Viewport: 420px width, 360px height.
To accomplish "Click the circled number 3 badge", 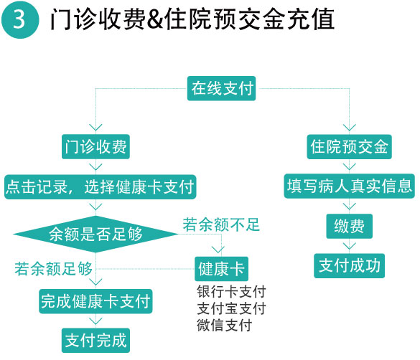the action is [x=20, y=20].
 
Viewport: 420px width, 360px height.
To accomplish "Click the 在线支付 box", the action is [x=221, y=88].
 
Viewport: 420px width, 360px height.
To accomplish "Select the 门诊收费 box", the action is [x=95, y=147].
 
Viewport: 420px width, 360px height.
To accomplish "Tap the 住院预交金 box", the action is [x=350, y=147].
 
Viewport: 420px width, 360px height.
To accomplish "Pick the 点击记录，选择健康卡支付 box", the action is [x=101, y=186].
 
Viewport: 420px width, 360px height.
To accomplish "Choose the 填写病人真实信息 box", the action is [x=350, y=186].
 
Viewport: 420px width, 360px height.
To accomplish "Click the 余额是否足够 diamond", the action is [x=95, y=235].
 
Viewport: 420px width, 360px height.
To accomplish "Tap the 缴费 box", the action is [x=350, y=227].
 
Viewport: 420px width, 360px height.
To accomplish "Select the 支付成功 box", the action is [x=350, y=266].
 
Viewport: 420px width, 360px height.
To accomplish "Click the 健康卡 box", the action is [x=221, y=269].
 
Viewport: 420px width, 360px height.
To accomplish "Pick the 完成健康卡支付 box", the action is [x=95, y=301].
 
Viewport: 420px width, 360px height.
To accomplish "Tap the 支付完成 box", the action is [x=95, y=341].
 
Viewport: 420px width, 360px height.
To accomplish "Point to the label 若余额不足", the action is [x=221, y=224].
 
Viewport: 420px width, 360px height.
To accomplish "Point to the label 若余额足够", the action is [x=53, y=269].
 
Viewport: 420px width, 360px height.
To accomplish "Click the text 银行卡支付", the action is [x=231, y=292].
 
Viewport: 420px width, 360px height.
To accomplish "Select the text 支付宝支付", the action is [x=231, y=308].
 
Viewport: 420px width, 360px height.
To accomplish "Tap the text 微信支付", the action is [x=225, y=326].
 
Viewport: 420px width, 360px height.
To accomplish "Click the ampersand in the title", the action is [x=155, y=19].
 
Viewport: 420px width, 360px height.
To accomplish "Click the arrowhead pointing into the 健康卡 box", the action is [x=218, y=250].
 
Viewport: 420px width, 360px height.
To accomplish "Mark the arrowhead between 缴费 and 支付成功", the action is [x=350, y=246].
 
